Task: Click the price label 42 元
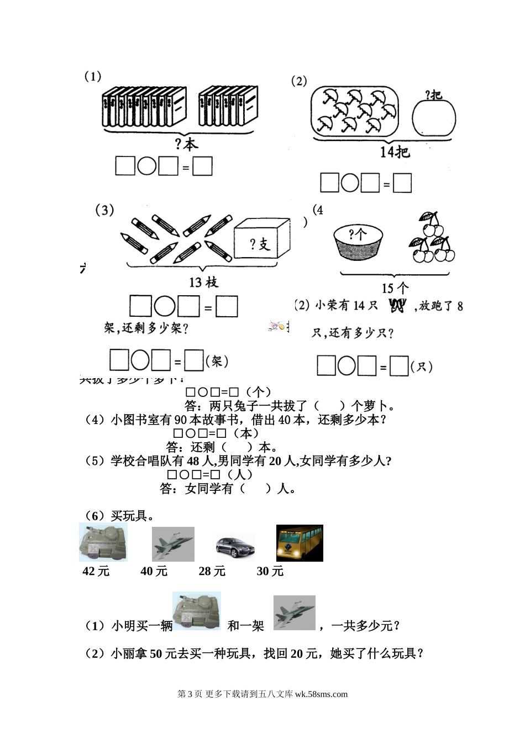pyautogui.click(x=96, y=571)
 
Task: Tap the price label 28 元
pyautogui.click(x=212, y=571)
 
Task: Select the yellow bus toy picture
pyautogui.click(x=300, y=543)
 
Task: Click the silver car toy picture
pyautogui.click(x=235, y=546)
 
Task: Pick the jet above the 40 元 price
pyautogui.click(x=173, y=544)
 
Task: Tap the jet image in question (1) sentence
pyautogui.click(x=295, y=613)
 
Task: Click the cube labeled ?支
pyautogui.click(x=262, y=239)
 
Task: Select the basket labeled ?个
pyautogui.click(x=358, y=241)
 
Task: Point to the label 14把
pyautogui.click(x=395, y=151)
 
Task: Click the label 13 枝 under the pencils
pyautogui.click(x=203, y=282)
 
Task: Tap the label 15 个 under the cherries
pyautogui.click(x=395, y=288)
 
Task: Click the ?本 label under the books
pyautogui.click(x=186, y=145)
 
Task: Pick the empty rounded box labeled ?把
pyautogui.click(x=434, y=118)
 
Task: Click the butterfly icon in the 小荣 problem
pyautogui.click(x=397, y=305)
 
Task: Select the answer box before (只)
pyautogui.click(x=399, y=366)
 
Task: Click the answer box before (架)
pyautogui.click(x=194, y=360)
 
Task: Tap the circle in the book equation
pyautogui.click(x=147, y=166)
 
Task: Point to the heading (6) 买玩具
pyautogui.click(x=118, y=516)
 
